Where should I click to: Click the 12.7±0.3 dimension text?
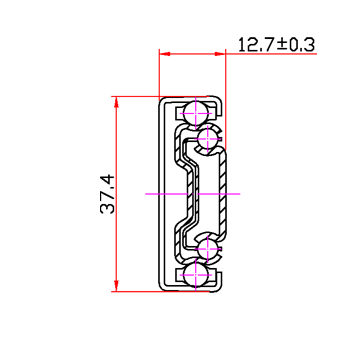276,44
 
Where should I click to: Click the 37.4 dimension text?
108,194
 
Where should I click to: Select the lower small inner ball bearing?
208,249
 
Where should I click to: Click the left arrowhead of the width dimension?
165,54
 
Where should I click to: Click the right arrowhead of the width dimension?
220,54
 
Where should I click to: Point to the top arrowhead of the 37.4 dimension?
116,102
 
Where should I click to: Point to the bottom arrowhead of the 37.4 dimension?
116,286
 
